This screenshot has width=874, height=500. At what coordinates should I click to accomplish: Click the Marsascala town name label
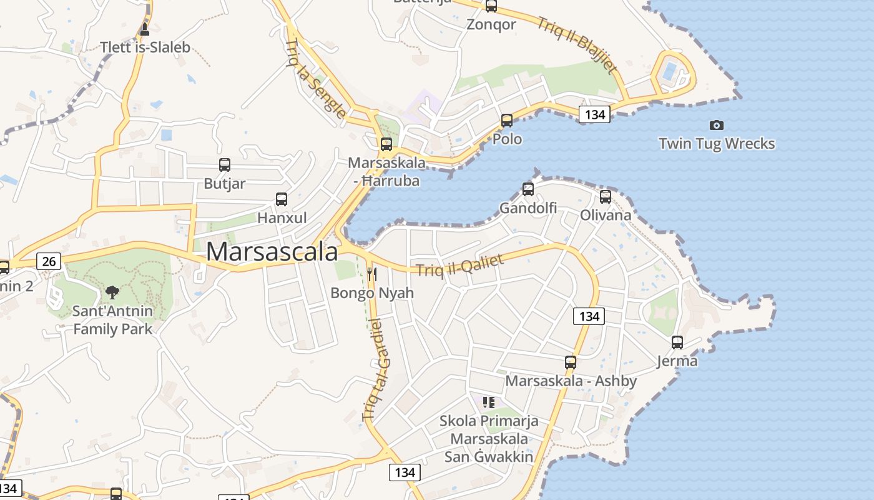[272, 252]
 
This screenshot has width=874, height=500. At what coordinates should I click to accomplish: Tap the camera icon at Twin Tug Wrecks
[717, 126]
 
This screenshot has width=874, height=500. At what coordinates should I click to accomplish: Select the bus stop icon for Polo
[507, 120]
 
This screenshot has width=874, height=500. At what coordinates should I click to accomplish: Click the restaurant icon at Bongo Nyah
[372, 274]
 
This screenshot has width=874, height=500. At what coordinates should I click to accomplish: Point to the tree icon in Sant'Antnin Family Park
[112, 291]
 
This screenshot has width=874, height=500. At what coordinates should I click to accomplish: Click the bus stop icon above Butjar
[225, 165]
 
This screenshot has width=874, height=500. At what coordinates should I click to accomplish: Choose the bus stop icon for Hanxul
[282, 199]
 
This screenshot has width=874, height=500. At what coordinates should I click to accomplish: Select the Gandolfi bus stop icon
[528, 189]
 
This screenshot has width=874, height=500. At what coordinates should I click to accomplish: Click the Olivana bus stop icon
[606, 197]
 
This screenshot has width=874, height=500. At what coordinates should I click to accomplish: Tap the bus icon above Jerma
[677, 342]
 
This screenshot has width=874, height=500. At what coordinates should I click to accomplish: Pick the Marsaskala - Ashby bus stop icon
[570, 362]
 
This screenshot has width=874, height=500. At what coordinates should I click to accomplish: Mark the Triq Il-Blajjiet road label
[577, 44]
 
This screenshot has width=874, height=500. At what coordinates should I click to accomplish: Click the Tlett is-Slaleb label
[145, 47]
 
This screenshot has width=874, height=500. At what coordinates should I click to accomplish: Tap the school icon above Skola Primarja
[488, 402]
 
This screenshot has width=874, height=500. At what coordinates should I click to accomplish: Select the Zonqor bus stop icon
[491, 6]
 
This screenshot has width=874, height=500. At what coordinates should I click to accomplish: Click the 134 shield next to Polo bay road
[594, 114]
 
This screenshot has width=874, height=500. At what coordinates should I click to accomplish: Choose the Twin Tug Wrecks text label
[717, 144]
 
